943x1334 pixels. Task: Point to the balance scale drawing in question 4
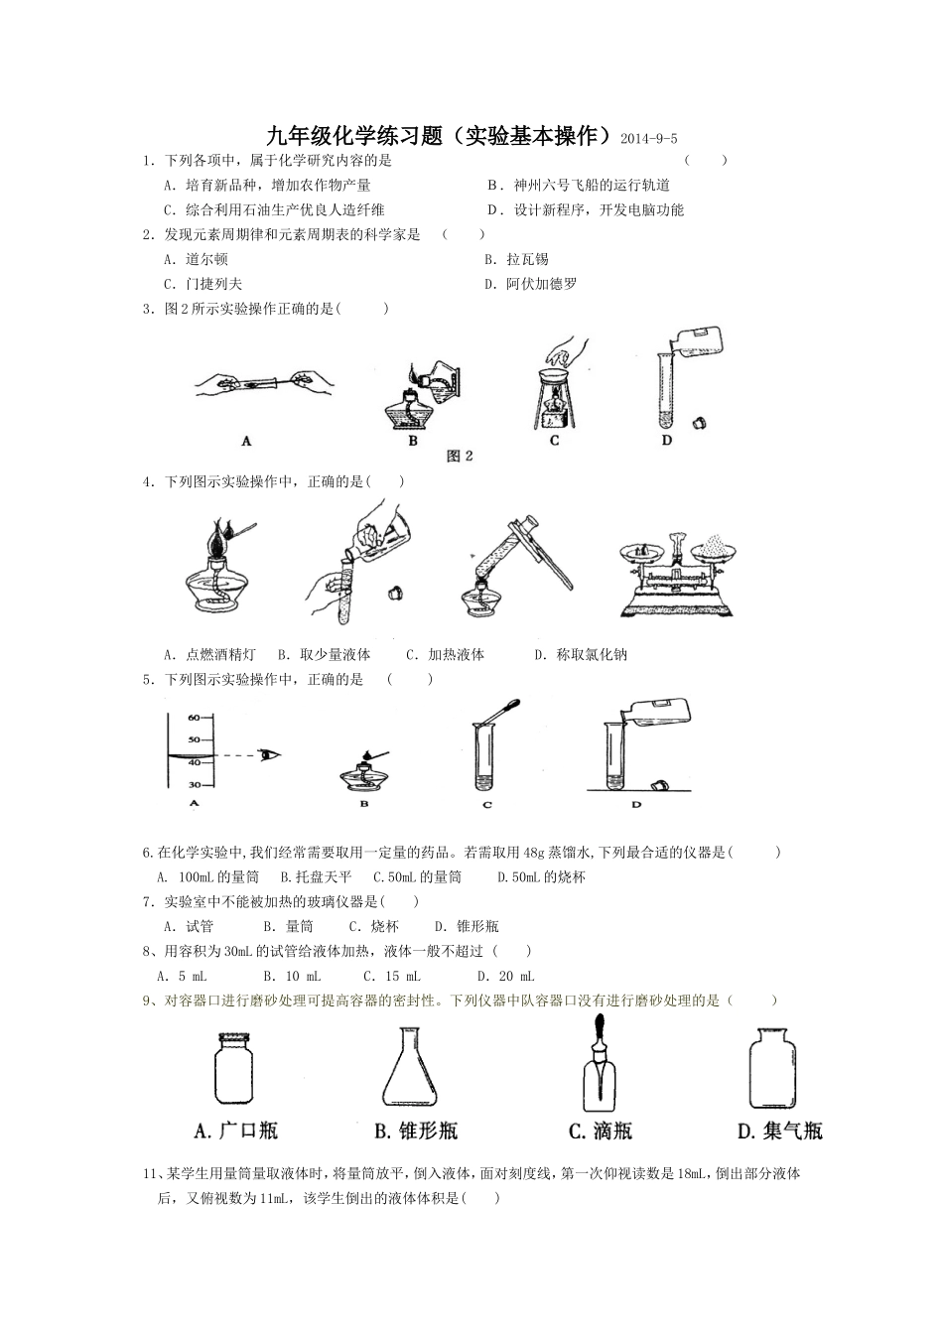(683, 577)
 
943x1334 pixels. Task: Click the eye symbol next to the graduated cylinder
(269, 755)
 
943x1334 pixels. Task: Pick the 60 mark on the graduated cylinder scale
(194, 718)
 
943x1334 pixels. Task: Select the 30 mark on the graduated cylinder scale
(194, 784)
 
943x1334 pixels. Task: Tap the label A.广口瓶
(236, 1131)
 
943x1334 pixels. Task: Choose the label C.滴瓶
(600, 1131)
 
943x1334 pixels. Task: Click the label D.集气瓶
(780, 1131)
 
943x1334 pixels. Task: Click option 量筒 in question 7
(299, 927)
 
